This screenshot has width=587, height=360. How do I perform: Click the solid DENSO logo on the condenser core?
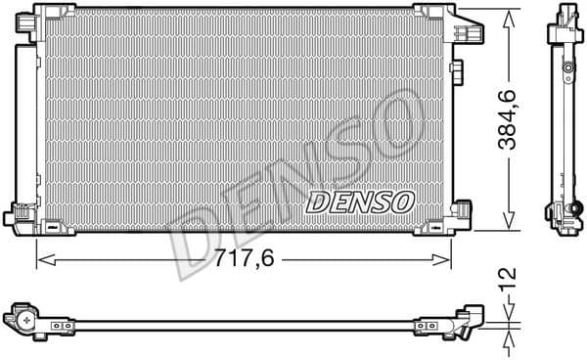pos(362,202)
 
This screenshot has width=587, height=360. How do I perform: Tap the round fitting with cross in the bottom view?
pos(25,320)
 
